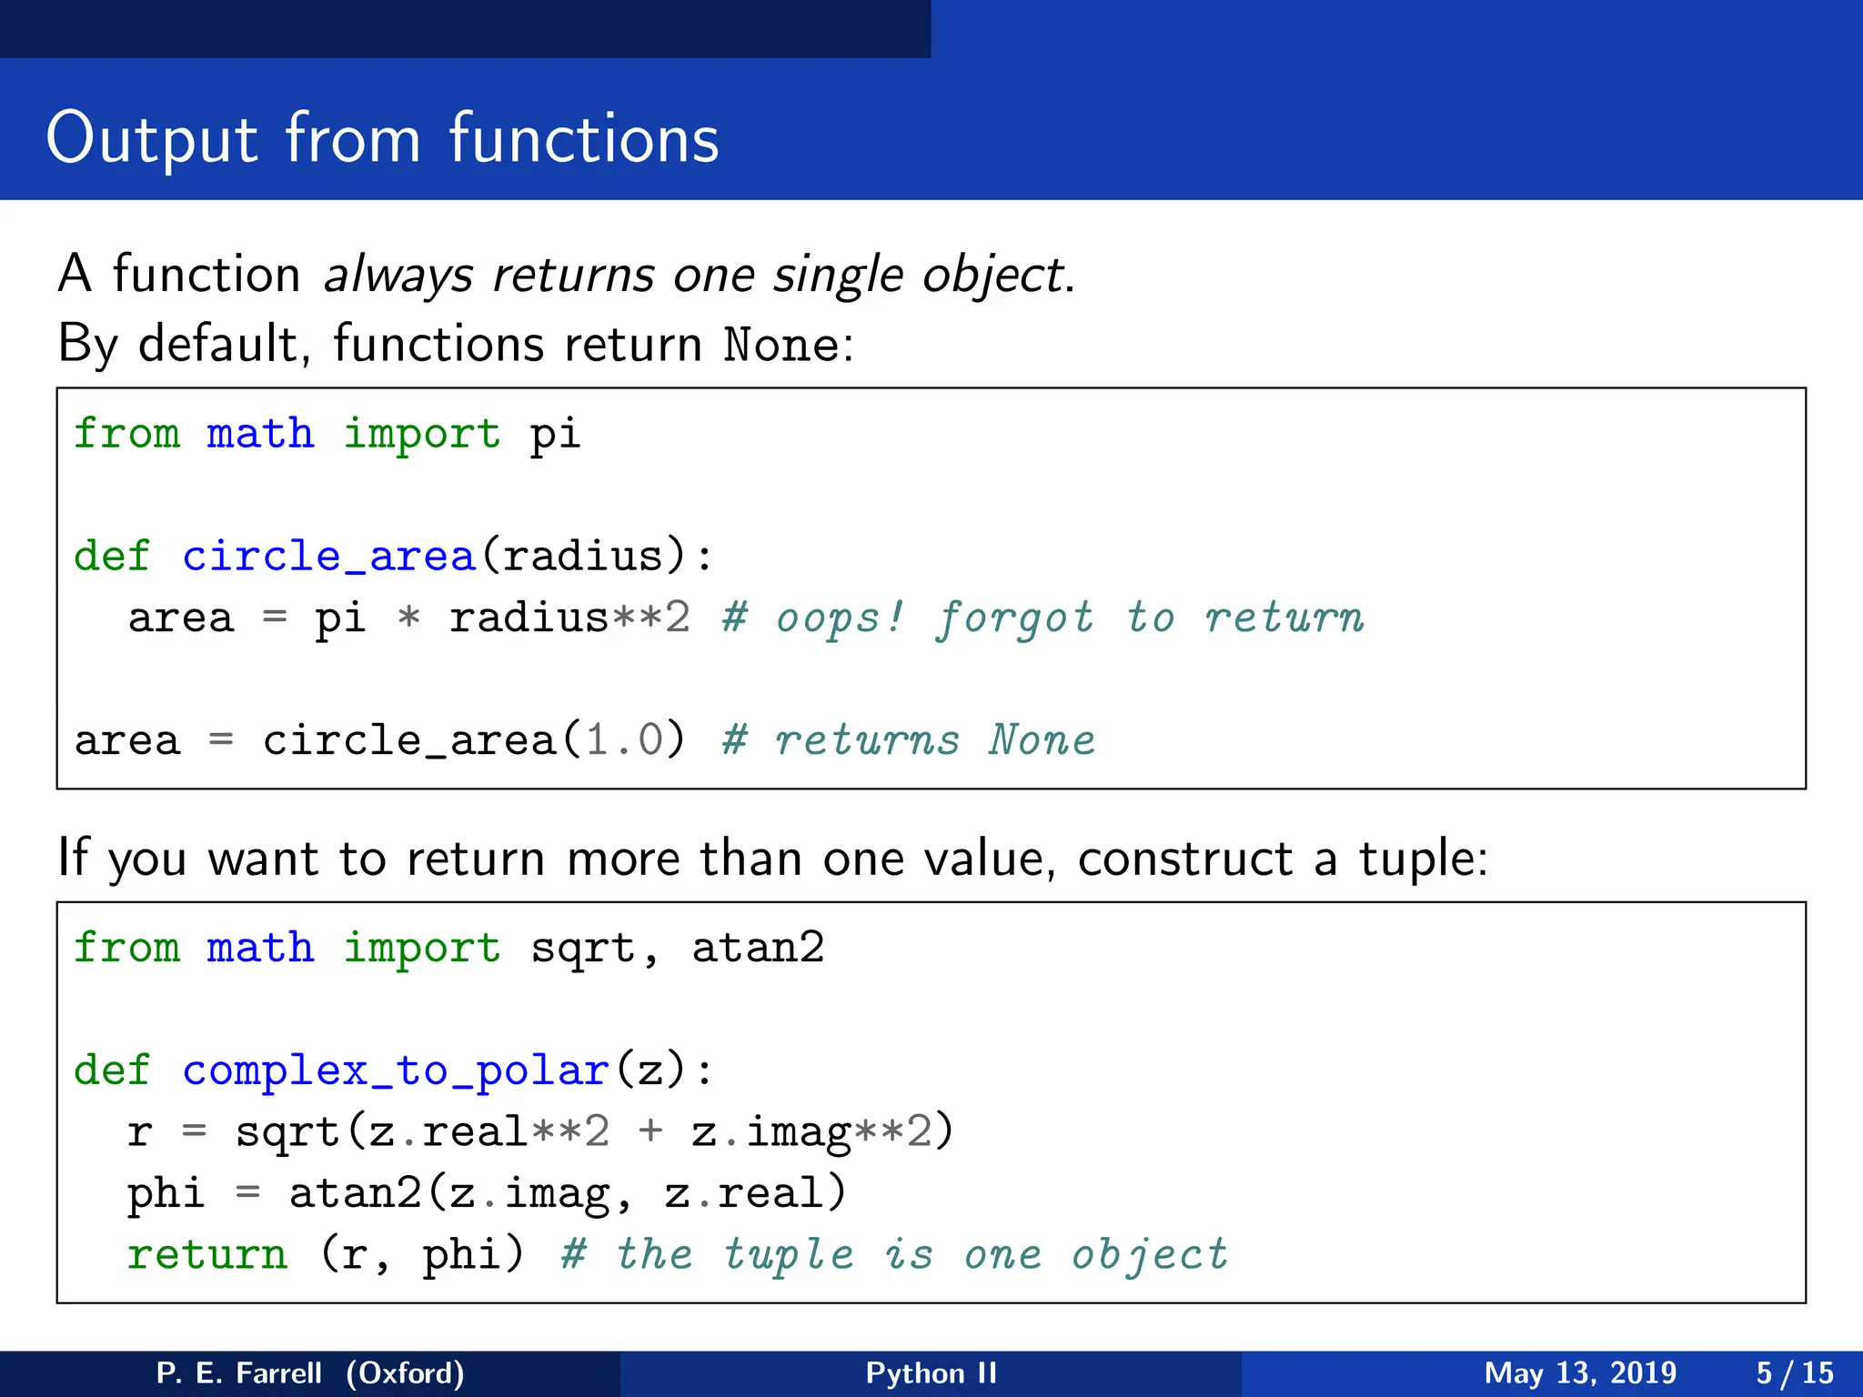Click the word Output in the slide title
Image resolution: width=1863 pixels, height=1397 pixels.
152,139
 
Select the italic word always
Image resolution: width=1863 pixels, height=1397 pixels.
398,275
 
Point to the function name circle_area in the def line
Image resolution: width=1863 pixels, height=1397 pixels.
328,556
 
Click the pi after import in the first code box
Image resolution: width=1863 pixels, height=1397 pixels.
555,434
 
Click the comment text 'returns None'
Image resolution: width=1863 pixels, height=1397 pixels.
935,739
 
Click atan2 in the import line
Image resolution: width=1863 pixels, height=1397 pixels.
758,948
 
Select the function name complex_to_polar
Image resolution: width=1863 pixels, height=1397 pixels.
395,1070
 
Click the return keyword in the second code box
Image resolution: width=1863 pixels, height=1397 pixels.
207,1255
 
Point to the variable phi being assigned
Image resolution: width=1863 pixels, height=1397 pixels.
166,1193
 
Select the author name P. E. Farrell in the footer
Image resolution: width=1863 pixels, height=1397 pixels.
238,1372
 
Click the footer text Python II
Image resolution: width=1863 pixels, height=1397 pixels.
931,1372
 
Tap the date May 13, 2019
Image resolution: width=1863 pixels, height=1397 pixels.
1580,1372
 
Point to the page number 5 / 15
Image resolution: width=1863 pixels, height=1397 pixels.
1794,1372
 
